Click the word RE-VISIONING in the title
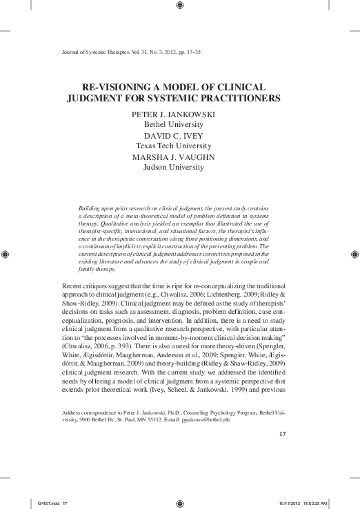tap(117, 88)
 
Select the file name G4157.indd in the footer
tap(42, 502)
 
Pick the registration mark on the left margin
tap(6, 254)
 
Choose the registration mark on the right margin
tap(354, 254)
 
